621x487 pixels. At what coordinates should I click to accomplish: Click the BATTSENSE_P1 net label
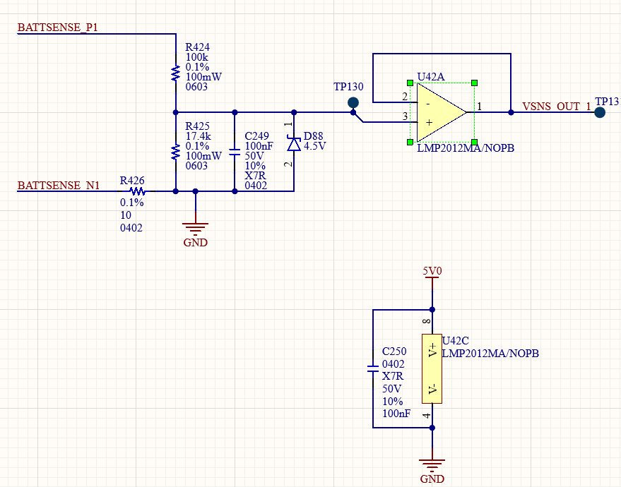(57, 28)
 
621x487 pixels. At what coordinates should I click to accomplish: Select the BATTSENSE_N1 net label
(59, 186)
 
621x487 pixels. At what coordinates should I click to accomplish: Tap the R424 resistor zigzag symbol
(175, 73)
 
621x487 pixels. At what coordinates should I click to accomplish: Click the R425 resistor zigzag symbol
(175, 152)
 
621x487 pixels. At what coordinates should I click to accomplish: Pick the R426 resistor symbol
(138, 191)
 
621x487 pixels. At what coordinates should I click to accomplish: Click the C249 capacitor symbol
(235, 152)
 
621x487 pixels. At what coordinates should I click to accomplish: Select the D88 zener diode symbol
(294, 144)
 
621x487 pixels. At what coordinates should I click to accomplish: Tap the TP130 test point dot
(353, 103)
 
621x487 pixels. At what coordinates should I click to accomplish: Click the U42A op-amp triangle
(442, 112)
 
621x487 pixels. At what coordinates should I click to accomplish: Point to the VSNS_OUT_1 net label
(557, 107)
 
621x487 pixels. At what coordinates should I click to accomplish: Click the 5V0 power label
(432, 271)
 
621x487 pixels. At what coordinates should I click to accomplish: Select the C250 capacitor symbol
(373, 368)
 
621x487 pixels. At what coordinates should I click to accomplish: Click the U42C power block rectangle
(432, 368)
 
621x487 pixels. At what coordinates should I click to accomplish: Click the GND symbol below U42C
(432, 466)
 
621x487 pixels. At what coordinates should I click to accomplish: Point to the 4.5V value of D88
(314, 146)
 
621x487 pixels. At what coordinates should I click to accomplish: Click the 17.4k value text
(198, 136)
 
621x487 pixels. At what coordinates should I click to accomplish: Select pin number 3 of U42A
(405, 116)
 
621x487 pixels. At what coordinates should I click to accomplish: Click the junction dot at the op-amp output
(511, 112)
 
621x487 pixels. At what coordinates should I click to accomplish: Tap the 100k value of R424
(196, 57)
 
